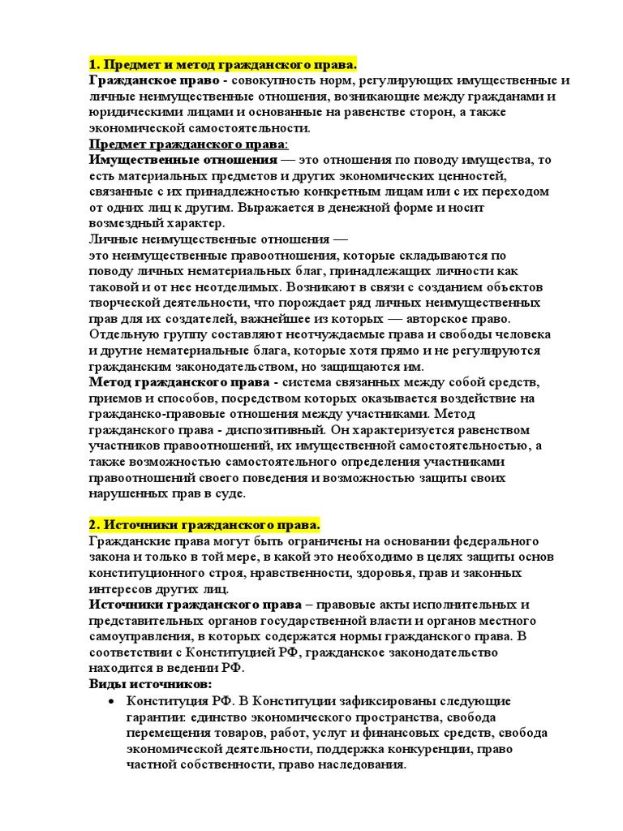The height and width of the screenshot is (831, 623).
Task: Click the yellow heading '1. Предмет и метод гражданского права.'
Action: tap(223, 65)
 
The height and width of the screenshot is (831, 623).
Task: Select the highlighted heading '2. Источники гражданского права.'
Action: tap(204, 525)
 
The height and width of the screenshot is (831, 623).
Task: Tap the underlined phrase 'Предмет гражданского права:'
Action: tap(187, 144)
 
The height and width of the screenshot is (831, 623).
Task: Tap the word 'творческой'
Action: tap(125, 303)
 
